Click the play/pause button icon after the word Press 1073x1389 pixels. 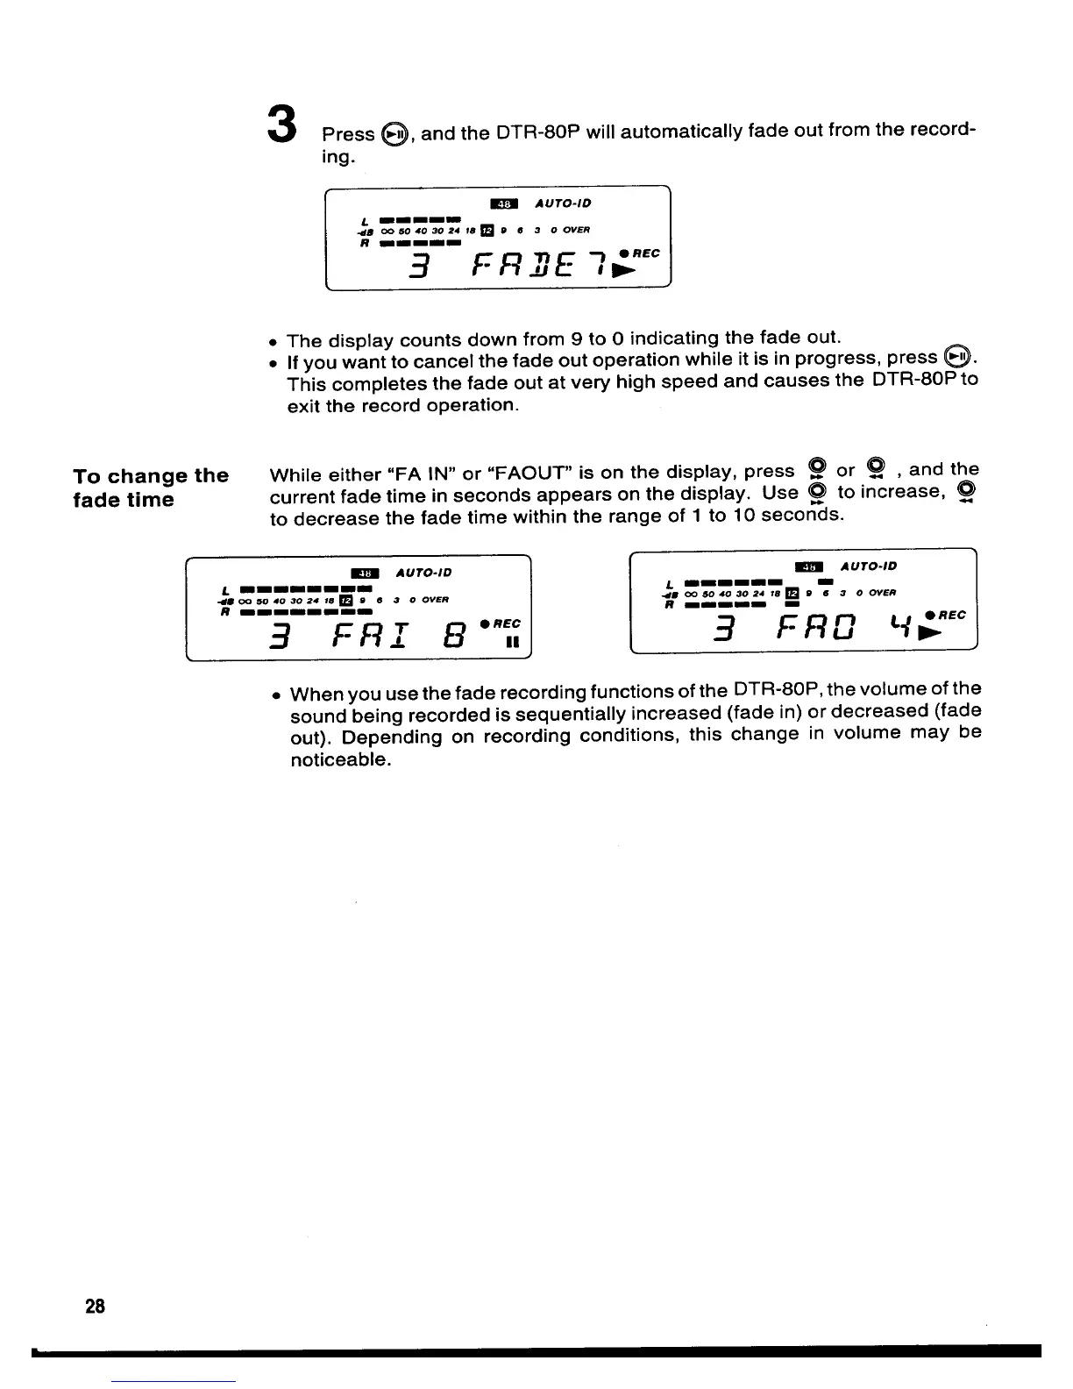coord(394,134)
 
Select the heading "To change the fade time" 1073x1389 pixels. coord(151,488)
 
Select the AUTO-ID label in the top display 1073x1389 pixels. coord(563,203)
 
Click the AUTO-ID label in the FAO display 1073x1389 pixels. coord(868,566)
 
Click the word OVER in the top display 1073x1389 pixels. coord(576,230)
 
